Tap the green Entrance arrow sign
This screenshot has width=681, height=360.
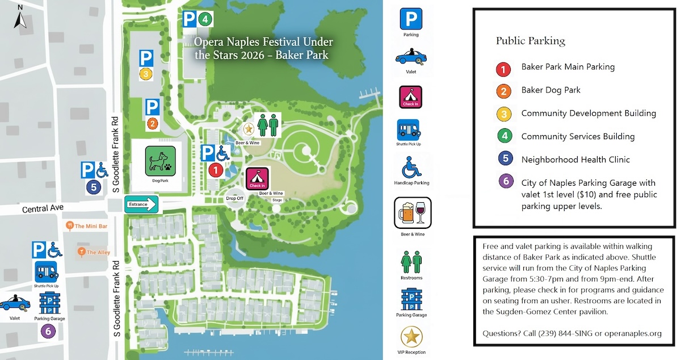pos(140,204)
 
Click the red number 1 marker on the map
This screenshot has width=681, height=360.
pos(215,169)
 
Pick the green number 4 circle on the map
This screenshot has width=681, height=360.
pos(205,19)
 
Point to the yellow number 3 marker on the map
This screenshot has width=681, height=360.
pos(146,74)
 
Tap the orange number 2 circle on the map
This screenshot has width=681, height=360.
pos(152,123)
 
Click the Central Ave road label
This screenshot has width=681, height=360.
pos(42,210)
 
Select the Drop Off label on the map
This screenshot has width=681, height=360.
pos(234,198)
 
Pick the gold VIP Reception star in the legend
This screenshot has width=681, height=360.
pos(411,337)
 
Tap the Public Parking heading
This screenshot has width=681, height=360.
pos(530,41)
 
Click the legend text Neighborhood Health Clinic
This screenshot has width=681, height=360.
pos(575,160)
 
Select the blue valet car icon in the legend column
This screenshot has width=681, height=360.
pos(411,57)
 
